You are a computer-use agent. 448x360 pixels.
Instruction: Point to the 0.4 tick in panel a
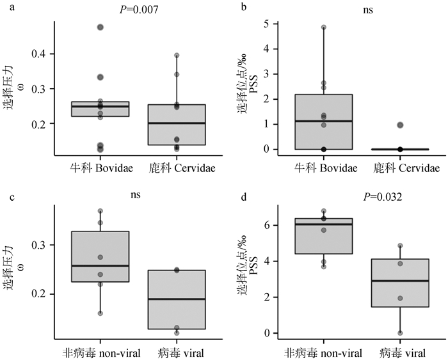pyautogui.click(x=40, y=54)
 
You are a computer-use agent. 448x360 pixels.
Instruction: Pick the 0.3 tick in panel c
pyautogui.click(x=40, y=246)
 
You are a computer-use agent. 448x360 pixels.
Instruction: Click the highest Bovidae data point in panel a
pyautogui.click(x=100, y=27)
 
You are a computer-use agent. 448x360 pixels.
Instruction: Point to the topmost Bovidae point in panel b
pyautogui.click(x=324, y=27)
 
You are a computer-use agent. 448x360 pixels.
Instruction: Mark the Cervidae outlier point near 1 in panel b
pyautogui.click(x=401, y=125)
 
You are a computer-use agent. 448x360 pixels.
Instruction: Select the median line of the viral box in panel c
pyautogui.click(x=177, y=299)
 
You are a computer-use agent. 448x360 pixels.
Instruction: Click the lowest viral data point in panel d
pyautogui.click(x=401, y=333)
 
